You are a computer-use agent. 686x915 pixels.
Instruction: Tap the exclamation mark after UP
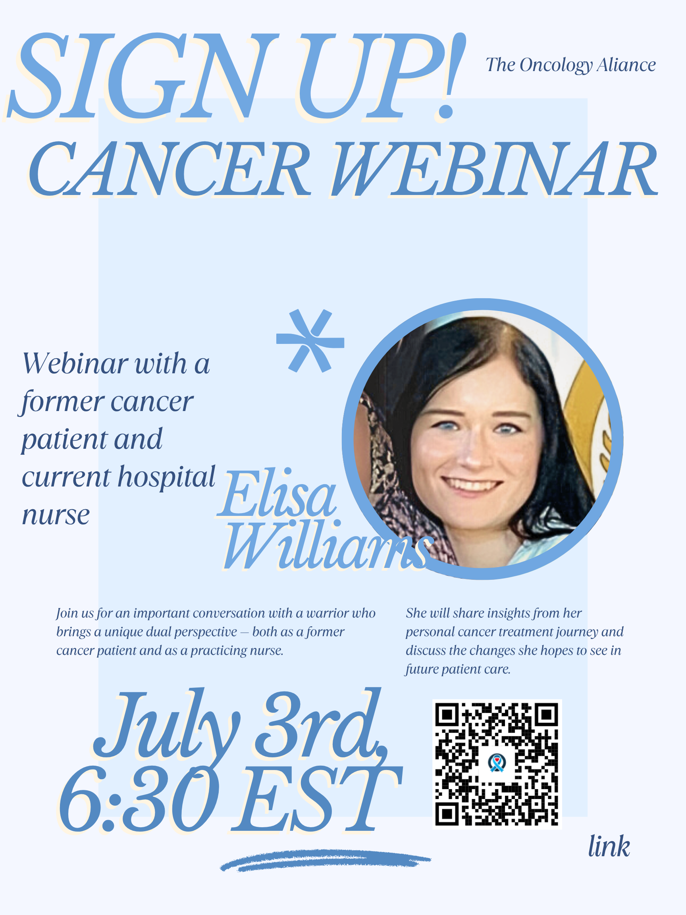[x=453, y=77]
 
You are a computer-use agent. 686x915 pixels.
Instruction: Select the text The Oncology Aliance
[x=570, y=65]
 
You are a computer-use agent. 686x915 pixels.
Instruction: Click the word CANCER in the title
[x=170, y=169]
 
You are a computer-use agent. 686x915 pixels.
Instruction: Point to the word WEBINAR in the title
[x=495, y=169]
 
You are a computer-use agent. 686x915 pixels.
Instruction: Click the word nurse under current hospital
[x=56, y=515]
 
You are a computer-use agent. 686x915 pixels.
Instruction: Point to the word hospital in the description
[x=167, y=477]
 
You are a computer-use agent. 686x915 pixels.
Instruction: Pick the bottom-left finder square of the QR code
[x=447, y=814]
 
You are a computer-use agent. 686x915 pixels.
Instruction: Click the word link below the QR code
[x=609, y=847]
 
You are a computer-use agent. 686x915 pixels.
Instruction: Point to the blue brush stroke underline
[x=326, y=861]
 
